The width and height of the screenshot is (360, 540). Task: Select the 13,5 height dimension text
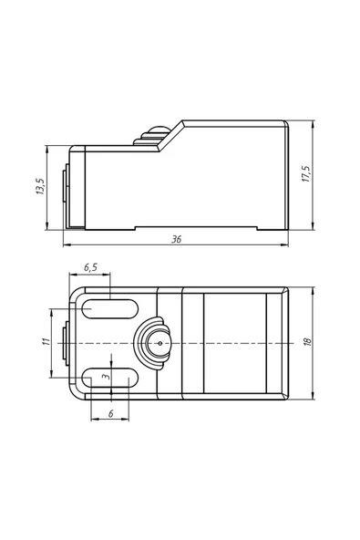click(39, 188)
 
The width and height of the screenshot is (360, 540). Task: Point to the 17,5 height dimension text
click(307, 172)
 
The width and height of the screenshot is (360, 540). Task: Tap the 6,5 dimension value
click(91, 268)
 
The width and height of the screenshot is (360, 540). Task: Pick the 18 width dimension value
click(307, 341)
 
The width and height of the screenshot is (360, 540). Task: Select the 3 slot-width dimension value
click(104, 375)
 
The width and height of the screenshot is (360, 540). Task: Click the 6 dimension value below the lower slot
click(110, 413)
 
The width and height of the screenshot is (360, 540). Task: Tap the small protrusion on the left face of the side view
click(64, 192)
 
